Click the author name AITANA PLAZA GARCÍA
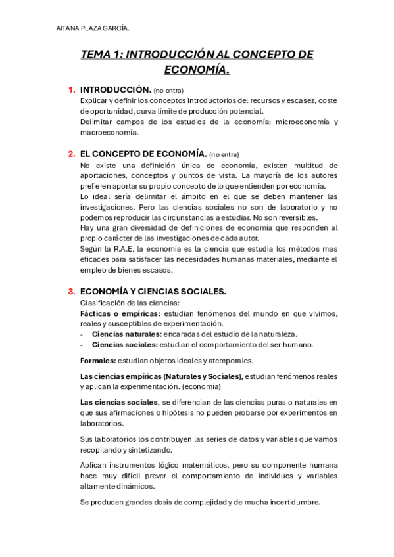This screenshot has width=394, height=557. (92, 28)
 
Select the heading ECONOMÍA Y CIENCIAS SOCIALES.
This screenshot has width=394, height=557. (153, 292)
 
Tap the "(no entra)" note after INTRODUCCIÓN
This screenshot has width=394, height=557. (169, 90)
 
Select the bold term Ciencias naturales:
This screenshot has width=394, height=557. (127, 334)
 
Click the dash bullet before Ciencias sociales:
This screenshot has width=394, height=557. (82, 345)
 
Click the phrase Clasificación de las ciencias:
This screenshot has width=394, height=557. (129, 303)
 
